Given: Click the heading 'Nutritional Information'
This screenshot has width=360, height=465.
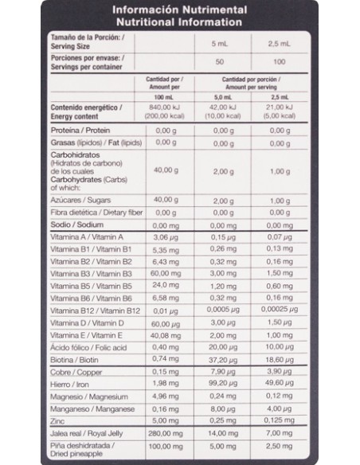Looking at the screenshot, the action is click(179, 22).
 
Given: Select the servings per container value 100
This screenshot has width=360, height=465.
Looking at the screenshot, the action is click(280, 61).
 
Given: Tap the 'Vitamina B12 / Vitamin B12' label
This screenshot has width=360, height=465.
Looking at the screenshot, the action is click(96, 310).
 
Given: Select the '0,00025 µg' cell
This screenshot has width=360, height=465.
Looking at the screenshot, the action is click(280, 310).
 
